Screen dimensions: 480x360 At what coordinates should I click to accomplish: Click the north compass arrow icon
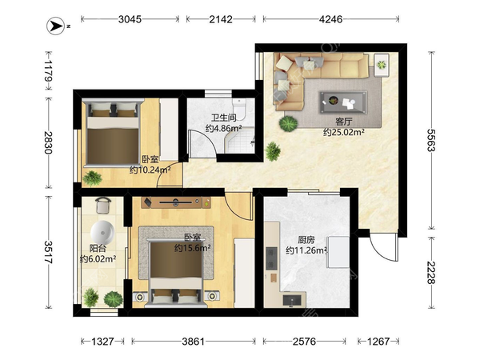click(56, 26)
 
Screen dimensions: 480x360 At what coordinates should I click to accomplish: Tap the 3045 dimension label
click(130, 19)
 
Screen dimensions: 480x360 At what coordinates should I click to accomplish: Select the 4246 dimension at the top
click(330, 19)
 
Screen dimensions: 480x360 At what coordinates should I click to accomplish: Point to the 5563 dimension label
click(431, 140)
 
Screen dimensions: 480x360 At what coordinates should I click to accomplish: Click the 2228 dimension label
click(431, 273)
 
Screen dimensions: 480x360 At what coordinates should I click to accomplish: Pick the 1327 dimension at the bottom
click(102, 342)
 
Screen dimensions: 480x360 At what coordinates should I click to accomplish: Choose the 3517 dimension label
click(48, 252)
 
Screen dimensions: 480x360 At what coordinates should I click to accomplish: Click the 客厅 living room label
click(343, 122)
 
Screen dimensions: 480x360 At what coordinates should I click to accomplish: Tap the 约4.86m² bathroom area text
click(224, 128)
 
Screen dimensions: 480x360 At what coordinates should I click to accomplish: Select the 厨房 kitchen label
click(306, 240)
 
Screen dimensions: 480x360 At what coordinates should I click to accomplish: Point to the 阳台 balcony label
click(98, 248)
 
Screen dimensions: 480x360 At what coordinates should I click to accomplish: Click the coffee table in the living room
click(343, 102)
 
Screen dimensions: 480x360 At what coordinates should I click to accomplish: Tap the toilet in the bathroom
click(239, 110)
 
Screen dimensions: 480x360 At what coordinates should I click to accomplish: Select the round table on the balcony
click(102, 233)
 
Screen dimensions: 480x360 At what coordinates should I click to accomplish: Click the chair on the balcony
click(103, 205)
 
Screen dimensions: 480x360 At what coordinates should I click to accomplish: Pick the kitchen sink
click(292, 301)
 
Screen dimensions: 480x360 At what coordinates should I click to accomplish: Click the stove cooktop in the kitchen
click(271, 258)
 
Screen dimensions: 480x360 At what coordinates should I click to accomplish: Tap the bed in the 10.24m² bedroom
click(113, 133)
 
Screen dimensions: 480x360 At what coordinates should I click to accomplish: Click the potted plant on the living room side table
click(382, 65)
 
